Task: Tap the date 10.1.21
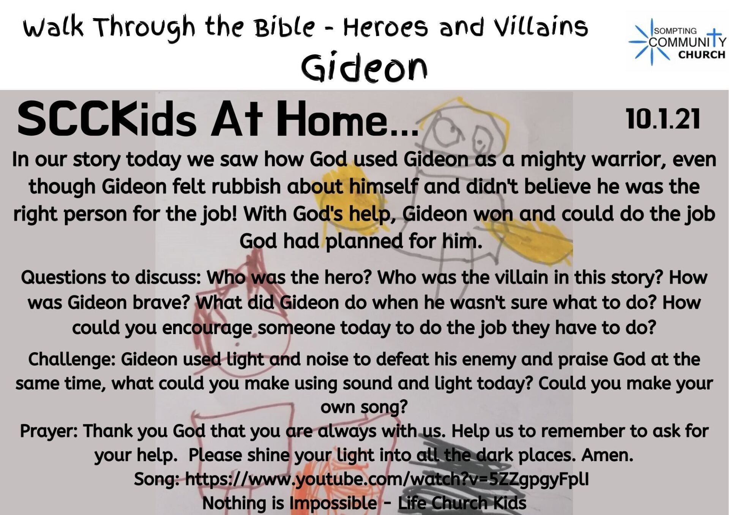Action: tap(663, 119)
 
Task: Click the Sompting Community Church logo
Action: tap(677, 42)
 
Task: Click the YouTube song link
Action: tap(387, 479)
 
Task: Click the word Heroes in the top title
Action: tap(385, 27)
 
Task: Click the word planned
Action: tap(364, 242)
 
